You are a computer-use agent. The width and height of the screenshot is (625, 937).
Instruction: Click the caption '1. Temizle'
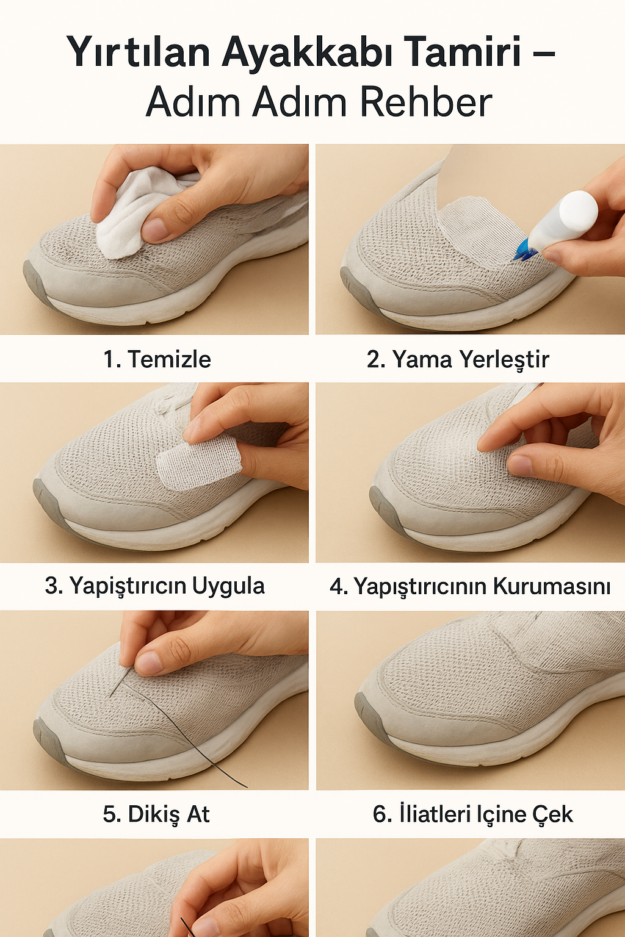point(157,359)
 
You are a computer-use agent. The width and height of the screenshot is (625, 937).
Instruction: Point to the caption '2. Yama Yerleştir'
point(458,359)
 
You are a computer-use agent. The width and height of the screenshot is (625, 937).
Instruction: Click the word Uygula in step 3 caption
point(228,586)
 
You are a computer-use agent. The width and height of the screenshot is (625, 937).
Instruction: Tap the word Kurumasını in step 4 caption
point(552,586)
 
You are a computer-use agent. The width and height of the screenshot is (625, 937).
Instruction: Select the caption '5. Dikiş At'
point(156,814)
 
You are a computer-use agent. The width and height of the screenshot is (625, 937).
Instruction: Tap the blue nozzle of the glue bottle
point(525,250)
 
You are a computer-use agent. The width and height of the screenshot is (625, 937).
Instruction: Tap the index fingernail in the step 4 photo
point(519,465)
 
